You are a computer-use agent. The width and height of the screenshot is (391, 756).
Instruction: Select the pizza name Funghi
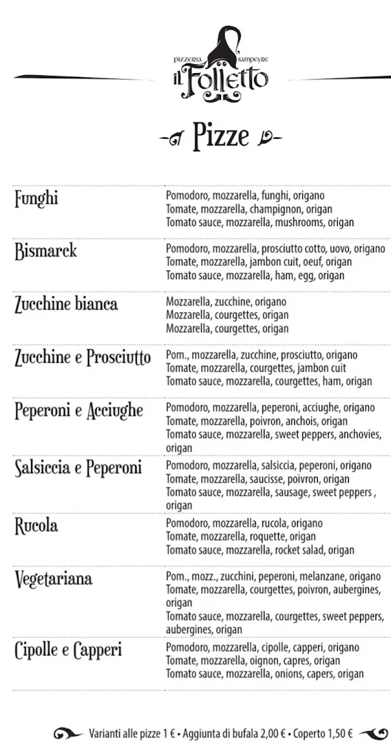36,199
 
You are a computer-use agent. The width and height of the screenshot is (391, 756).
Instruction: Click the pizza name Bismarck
46,251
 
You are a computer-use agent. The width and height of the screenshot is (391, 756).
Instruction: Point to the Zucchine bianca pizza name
66,303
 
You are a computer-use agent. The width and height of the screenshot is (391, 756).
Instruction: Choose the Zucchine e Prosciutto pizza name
83,358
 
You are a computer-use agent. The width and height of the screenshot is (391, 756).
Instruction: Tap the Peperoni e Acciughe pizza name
79,410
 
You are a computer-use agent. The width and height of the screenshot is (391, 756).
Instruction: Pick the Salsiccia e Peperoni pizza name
78,468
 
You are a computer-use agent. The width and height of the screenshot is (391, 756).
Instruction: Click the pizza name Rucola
36,526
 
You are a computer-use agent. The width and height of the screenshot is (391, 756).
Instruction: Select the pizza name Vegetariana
54,579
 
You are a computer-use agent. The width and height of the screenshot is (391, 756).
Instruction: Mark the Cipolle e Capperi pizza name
69,651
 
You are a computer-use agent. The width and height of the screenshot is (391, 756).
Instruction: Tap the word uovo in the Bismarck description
343,249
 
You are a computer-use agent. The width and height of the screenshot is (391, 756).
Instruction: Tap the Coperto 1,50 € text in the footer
323,734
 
